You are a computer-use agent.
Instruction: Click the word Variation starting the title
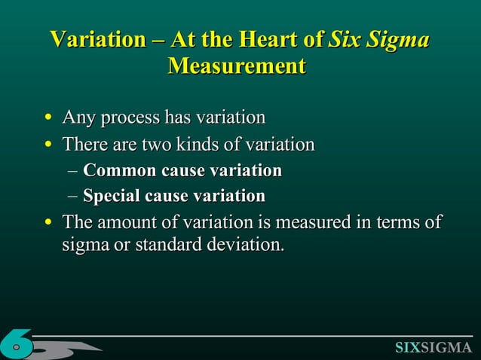(97, 38)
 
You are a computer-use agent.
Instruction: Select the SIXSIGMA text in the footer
(433, 347)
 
